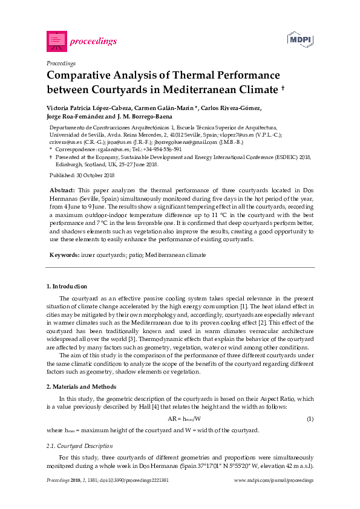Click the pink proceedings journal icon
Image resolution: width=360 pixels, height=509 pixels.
[56, 41]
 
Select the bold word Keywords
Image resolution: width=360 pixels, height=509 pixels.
[64, 255]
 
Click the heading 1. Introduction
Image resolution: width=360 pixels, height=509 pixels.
[67, 286]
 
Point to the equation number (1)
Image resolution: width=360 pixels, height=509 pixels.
[310, 419]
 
